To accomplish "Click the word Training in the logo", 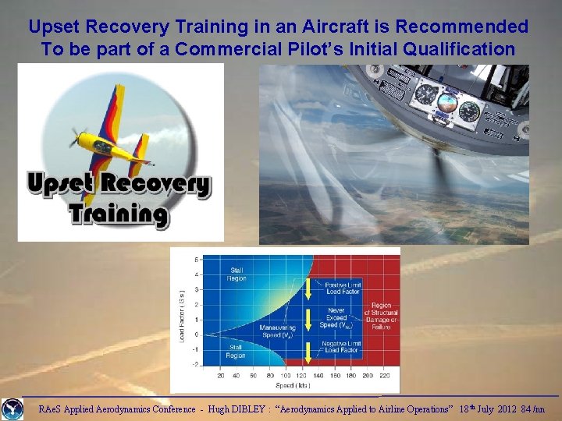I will (x=118, y=214).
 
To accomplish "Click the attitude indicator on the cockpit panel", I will (x=448, y=104).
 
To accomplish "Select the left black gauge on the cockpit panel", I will (x=425, y=95).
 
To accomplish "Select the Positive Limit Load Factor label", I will (x=342, y=288).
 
